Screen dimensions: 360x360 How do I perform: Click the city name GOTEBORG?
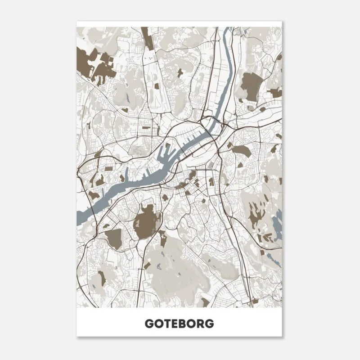pyautogui.click(x=180, y=324)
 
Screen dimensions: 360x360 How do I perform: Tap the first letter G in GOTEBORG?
pyautogui.click(x=149, y=324)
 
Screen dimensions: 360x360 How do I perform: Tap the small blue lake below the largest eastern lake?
pyautogui.click(x=273, y=259)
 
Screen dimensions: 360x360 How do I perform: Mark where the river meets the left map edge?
pyautogui.click(x=80, y=220)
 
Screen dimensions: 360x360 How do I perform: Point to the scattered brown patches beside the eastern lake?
pyautogui.click(x=261, y=220)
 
